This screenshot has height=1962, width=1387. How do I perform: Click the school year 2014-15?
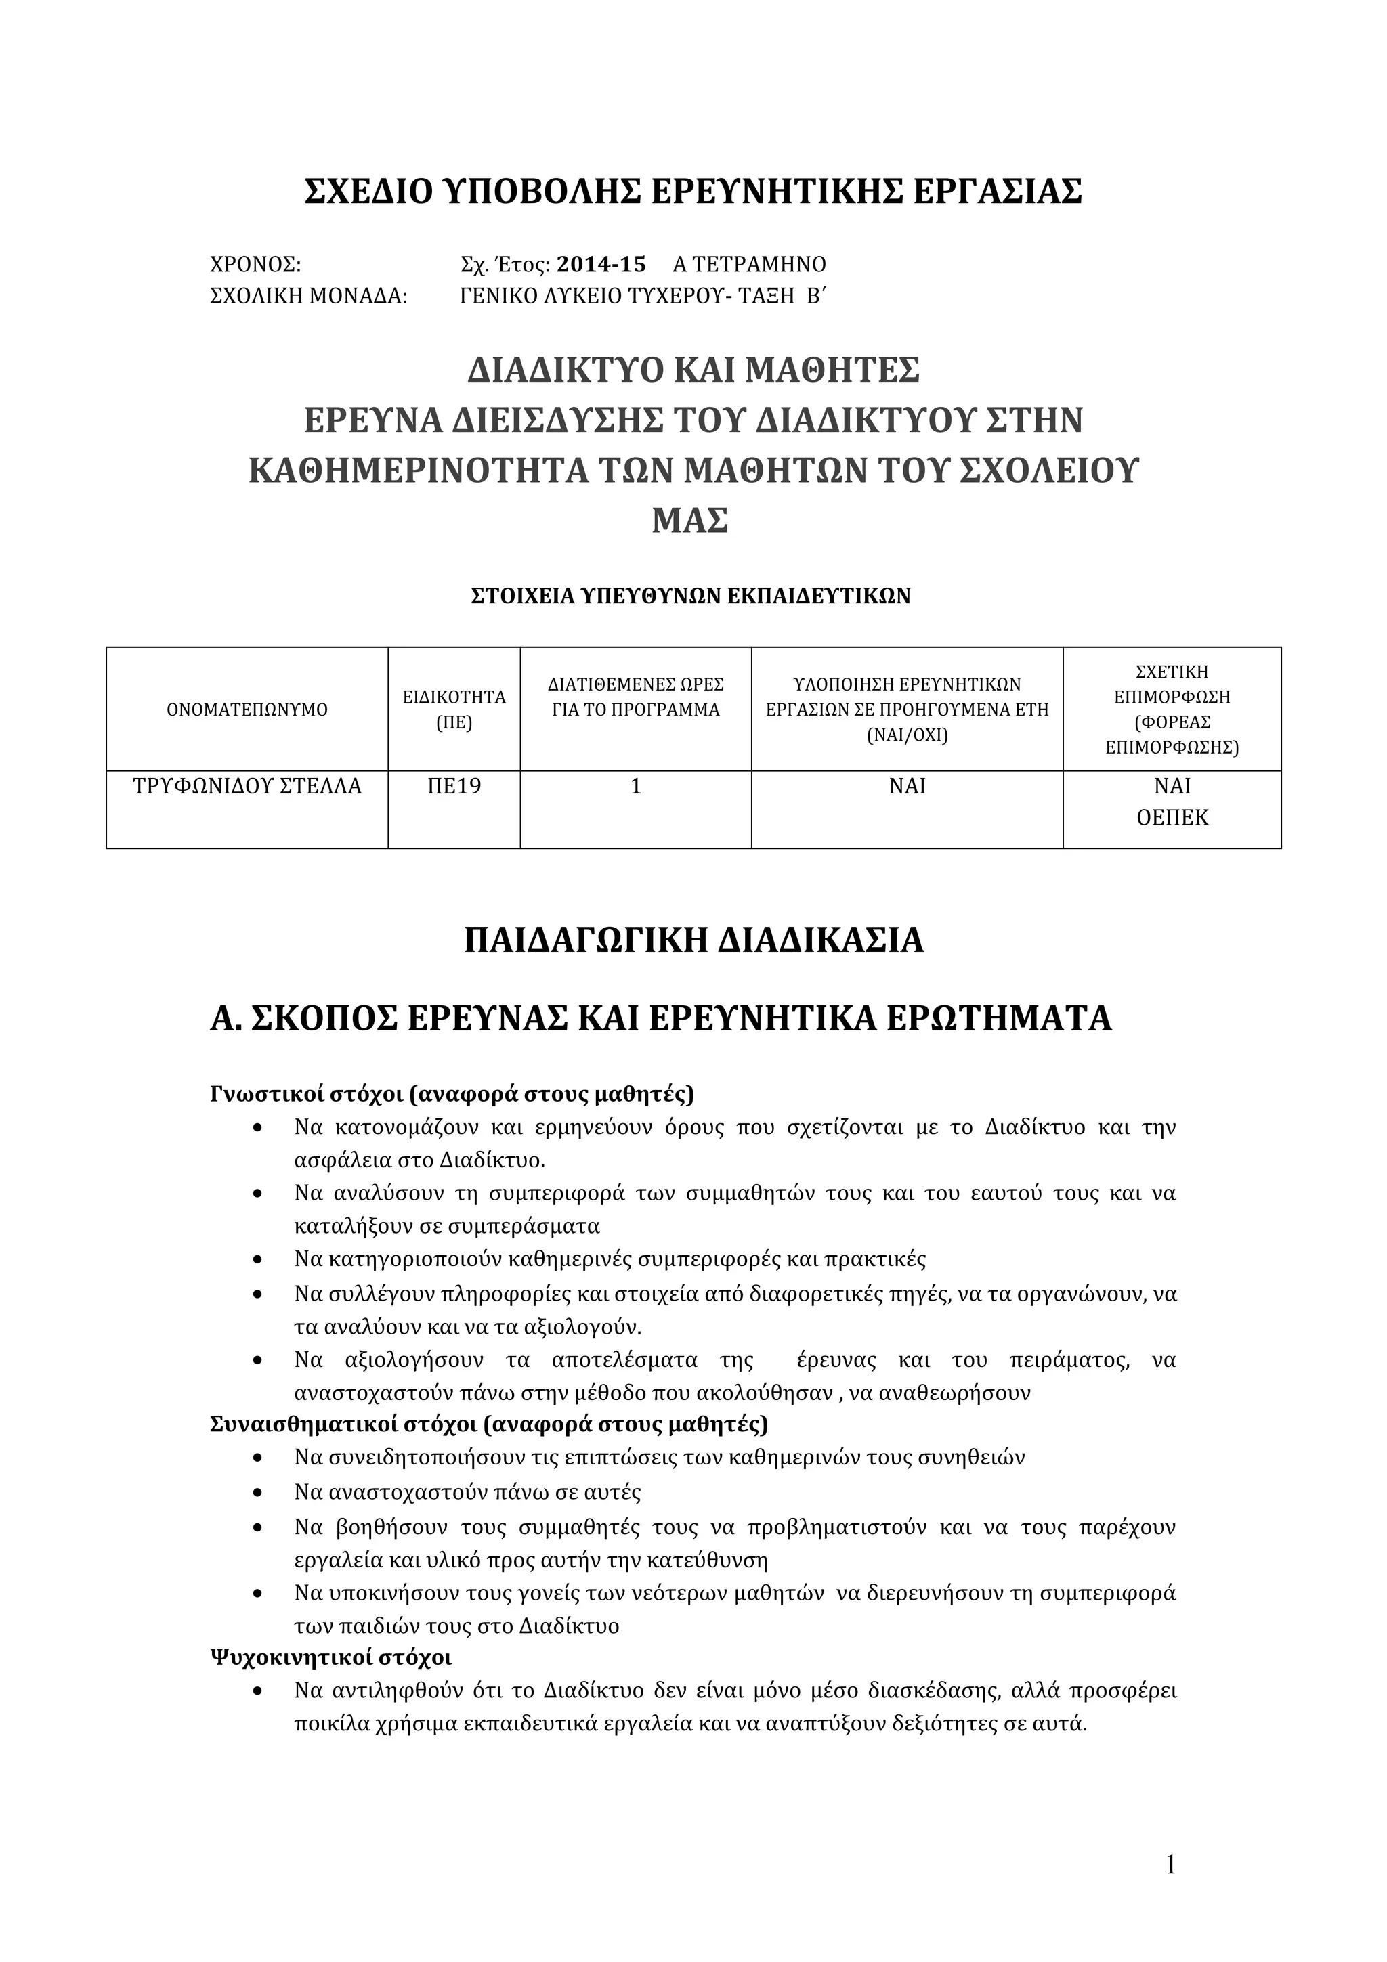click(601, 264)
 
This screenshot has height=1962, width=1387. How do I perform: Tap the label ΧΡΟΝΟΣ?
click(255, 264)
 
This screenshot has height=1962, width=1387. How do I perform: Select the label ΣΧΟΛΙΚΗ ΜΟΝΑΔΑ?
click(309, 297)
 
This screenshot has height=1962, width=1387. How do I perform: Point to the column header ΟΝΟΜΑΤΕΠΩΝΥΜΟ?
click(247, 710)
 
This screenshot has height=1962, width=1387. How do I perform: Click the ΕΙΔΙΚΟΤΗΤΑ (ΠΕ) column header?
click(454, 710)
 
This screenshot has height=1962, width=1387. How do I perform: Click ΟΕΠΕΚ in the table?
click(1172, 818)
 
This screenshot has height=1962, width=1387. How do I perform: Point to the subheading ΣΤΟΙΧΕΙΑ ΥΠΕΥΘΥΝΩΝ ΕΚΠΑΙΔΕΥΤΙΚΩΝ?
click(691, 596)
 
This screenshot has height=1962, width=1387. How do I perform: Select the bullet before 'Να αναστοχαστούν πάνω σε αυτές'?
click(258, 1493)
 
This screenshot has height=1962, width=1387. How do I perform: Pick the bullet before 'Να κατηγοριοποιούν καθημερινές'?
click(258, 1259)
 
